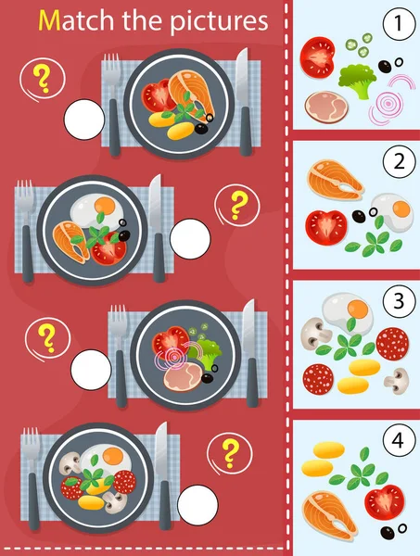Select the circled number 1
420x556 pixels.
[399, 23]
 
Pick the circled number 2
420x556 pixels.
[399, 164]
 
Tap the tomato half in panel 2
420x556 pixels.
[327, 223]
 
